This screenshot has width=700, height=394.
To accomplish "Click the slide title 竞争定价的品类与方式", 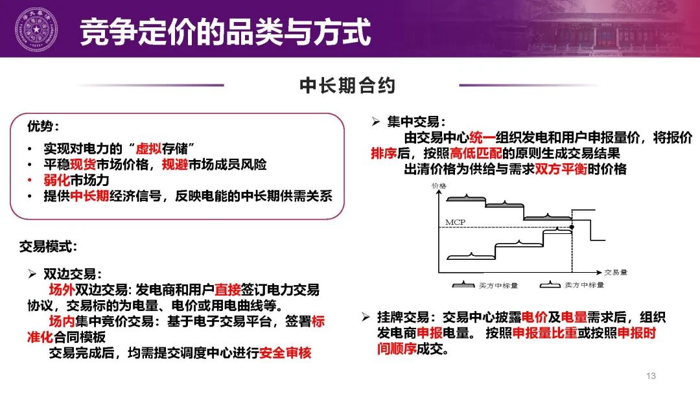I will click(225, 32).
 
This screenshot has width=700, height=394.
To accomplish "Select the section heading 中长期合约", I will click(347, 86).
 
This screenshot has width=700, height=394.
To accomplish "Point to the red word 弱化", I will click(56, 180).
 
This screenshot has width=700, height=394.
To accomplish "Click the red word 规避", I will click(176, 164).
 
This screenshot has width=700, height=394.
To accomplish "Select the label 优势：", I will click(47, 126).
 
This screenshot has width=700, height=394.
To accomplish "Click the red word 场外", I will click(63, 290).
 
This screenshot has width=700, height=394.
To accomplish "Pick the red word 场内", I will click(63, 321).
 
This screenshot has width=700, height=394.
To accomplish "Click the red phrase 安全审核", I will click(285, 353).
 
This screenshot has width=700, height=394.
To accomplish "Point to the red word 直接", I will click(228, 290).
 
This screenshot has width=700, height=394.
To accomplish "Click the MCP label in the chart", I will click(455, 222).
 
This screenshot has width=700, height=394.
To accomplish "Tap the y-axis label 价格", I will click(439, 186).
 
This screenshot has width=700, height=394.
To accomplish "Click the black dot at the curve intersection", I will click(571, 227).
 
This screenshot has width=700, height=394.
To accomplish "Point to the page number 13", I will click(651, 376).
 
